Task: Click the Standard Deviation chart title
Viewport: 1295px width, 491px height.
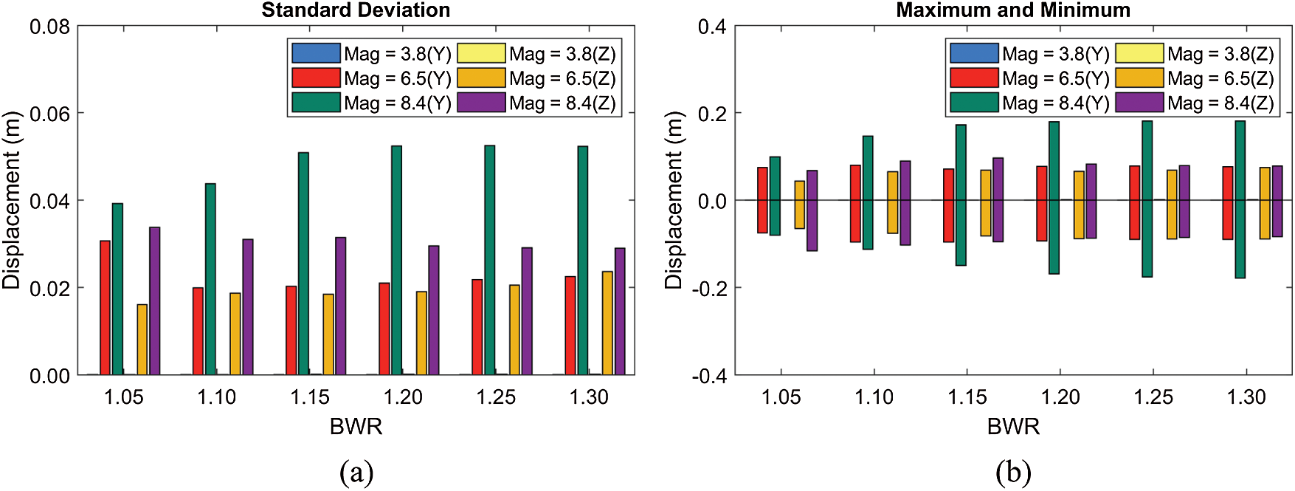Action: pyautogui.click(x=356, y=10)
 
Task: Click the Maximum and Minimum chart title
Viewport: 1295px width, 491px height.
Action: pyautogui.click(x=1013, y=10)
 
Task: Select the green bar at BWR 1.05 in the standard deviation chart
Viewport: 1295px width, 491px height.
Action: pyautogui.click(x=117, y=289)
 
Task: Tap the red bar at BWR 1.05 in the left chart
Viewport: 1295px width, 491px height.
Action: pyautogui.click(x=106, y=307)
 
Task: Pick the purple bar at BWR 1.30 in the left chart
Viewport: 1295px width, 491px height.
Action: pyautogui.click(x=620, y=311)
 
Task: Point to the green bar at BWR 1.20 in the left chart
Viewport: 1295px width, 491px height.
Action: pyautogui.click(x=397, y=260)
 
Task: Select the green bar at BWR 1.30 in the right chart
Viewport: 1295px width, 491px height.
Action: pyautogui.click(x=1240, y=199)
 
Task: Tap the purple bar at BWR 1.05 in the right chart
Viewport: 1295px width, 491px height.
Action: pyautogui.click(x=812, y=210)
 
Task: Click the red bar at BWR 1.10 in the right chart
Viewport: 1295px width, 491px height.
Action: pyautogui.click(x=855, y=203)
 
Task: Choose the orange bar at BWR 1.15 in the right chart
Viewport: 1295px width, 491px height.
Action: pyautogui.click(x=986, y=203)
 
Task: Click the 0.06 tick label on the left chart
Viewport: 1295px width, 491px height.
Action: pyautogui.click(x=49, y=114)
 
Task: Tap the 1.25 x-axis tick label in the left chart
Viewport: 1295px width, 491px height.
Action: pyautogui.click(x=496, y=398)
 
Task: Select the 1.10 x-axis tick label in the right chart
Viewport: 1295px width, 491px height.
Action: pyautogui.click(x=874, y=398)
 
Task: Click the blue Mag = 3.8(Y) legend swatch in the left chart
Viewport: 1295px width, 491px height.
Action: pyautogui.click(x=316, y=53)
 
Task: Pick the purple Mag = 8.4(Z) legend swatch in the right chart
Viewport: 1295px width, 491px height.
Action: pyautogui.click(x=1139, y=103)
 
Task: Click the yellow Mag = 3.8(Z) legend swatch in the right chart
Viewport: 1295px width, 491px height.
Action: pyautogui.click(x=1139, y=53)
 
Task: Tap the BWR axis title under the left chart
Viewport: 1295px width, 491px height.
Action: pyautogui.click(x=356, y=427)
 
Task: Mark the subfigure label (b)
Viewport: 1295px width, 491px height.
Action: pyautogui.click(x=1013, y=473)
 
